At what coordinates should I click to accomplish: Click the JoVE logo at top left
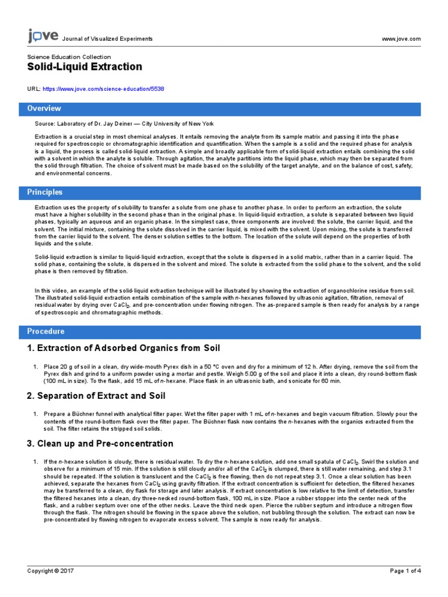click(x=43, y=37)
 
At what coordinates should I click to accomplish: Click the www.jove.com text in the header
click(x=400, y=39)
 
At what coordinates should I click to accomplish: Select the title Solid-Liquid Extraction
click(x=85, y=67)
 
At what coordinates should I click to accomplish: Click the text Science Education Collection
click(x=69, y=57)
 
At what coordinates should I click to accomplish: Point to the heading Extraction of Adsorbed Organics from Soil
click(x=124, y=349)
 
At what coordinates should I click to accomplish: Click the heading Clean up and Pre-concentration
click(x=100, y=444)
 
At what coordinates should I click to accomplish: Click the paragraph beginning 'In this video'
click(x=222, y=300)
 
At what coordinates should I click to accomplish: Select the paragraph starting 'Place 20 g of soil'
click(x=228, y=373)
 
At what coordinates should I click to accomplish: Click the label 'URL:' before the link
click(x=34, y=89)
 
